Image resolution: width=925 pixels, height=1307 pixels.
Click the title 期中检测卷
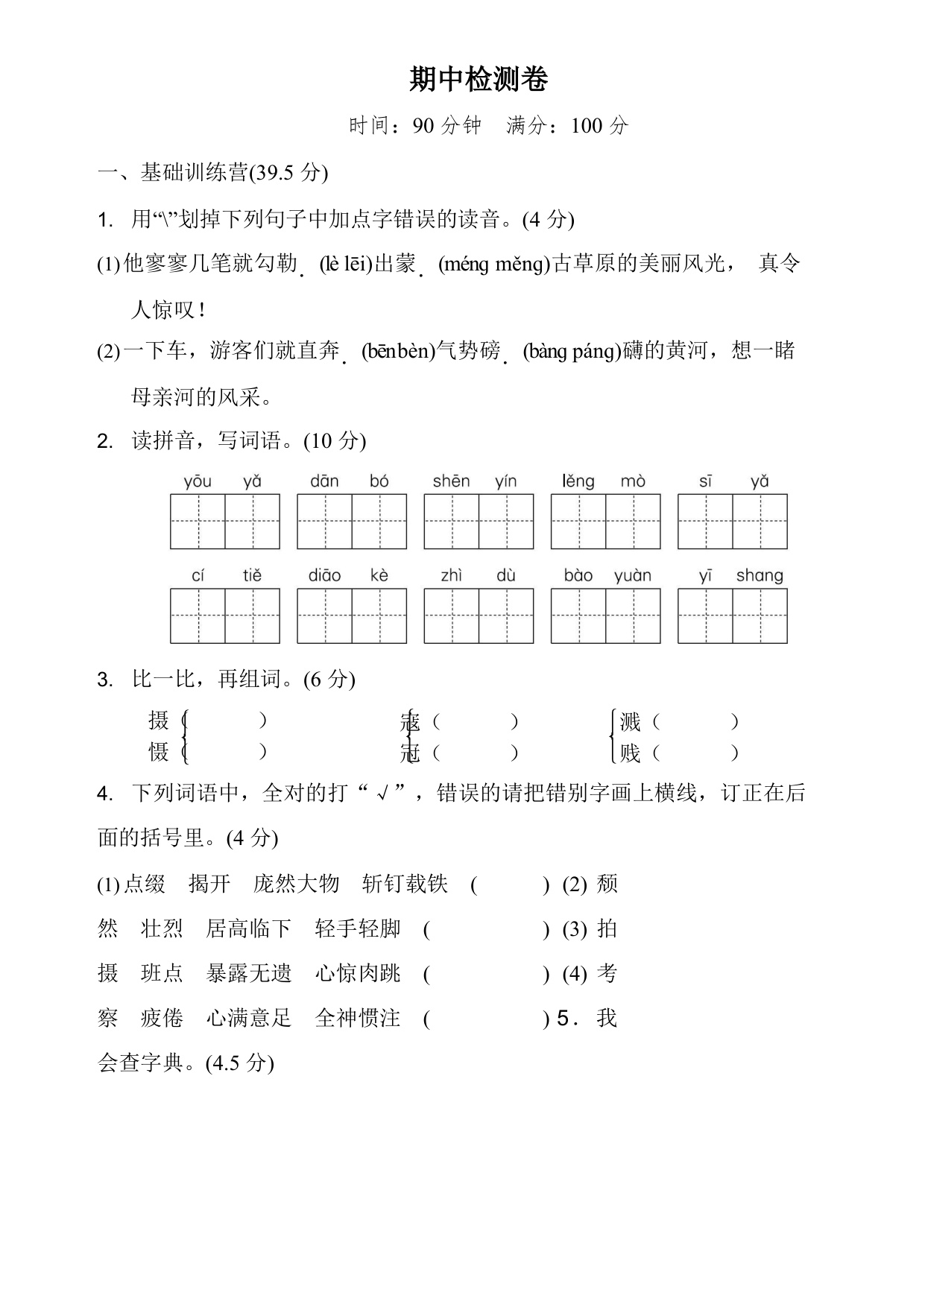click(x=479, y=80)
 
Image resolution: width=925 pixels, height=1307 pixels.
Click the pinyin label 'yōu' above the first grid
click(x=198, y=481)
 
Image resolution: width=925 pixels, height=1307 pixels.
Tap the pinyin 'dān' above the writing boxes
click(x=324, y=481)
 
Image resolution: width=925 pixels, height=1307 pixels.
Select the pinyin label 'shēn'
click(x=451, y=481)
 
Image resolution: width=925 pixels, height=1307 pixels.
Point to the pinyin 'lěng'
click(x=578, y=481)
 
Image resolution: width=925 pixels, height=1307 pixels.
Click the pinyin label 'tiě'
click(x=252, y=576)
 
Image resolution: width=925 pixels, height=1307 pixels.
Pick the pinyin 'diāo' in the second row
click(x=324, y=576)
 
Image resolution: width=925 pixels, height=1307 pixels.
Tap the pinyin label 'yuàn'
click(x=633, y=576)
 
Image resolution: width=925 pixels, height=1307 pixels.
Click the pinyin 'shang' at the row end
click(x=760, y=576)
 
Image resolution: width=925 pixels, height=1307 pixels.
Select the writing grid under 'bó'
click(x=379, y=522)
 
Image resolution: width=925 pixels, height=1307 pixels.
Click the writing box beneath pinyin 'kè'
click(x=379, y=616)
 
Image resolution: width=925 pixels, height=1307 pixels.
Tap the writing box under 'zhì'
click(x=451, y=616)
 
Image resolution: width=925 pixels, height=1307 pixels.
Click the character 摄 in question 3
click(x=159, y=721)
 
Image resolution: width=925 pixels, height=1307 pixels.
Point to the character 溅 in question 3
click(x=631, y=721)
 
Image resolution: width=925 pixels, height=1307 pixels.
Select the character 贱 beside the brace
click(x=631, y=753)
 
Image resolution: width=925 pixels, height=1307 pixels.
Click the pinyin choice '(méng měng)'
click(x=493, y=264)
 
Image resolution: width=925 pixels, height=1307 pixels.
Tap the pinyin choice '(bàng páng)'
click(x=572, y=351)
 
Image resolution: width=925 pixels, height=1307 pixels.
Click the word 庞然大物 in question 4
click(x=296, y=884)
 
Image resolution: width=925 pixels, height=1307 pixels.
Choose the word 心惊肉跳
click(x=358, y=974)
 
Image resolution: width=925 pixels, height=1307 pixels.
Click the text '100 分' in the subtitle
click(x=599, y=125)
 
